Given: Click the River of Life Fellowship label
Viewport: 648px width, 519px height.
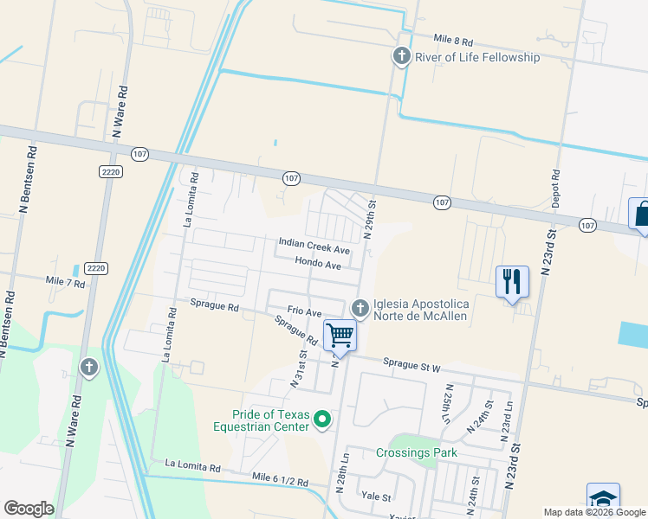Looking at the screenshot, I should point(477,58).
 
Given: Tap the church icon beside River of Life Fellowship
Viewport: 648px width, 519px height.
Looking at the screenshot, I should point(401,57).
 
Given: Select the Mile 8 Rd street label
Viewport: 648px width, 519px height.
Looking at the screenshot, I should point(453,42).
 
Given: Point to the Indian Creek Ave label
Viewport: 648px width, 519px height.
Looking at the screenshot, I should point(314,245).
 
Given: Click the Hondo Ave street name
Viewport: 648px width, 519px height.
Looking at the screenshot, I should point(318,266).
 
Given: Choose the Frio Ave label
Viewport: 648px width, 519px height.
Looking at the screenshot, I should point(304,311).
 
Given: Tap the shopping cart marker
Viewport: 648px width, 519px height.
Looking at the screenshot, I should point(340,335).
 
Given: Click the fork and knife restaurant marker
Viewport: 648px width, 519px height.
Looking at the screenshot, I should point(512,281).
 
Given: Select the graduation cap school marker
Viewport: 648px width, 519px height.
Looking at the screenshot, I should point(603,498).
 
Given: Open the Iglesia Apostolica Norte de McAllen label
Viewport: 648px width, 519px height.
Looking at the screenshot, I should point(420,310).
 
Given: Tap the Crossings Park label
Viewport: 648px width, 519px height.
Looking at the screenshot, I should point(417,453).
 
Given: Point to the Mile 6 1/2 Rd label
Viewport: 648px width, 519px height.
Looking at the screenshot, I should point(281,477).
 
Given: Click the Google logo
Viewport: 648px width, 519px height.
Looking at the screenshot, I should point(29,509).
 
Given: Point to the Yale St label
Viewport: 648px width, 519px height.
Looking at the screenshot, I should point(378,497).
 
